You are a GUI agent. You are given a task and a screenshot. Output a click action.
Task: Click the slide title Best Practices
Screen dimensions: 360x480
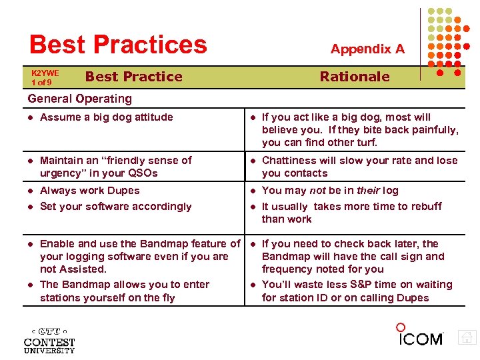coord(118,45)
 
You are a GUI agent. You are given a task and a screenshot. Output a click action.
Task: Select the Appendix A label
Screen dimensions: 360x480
coord(367,49)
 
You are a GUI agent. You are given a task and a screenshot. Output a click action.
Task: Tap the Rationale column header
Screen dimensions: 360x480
coord(354,77)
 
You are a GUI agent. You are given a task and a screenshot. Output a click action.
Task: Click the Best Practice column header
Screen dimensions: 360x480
coord(133,77)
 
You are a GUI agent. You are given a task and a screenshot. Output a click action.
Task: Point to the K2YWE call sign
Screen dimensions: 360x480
coord(45,73)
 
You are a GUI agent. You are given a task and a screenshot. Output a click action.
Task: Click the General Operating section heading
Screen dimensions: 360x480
coord(79,99)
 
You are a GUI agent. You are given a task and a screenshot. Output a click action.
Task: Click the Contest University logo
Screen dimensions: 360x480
coord(49,340)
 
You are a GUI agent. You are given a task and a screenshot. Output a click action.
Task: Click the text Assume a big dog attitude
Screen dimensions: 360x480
coord(106,117)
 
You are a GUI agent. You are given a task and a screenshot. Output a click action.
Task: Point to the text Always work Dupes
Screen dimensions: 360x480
coord(89,191)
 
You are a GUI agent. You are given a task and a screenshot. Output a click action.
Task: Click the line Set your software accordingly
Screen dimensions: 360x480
coord(115,207)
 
